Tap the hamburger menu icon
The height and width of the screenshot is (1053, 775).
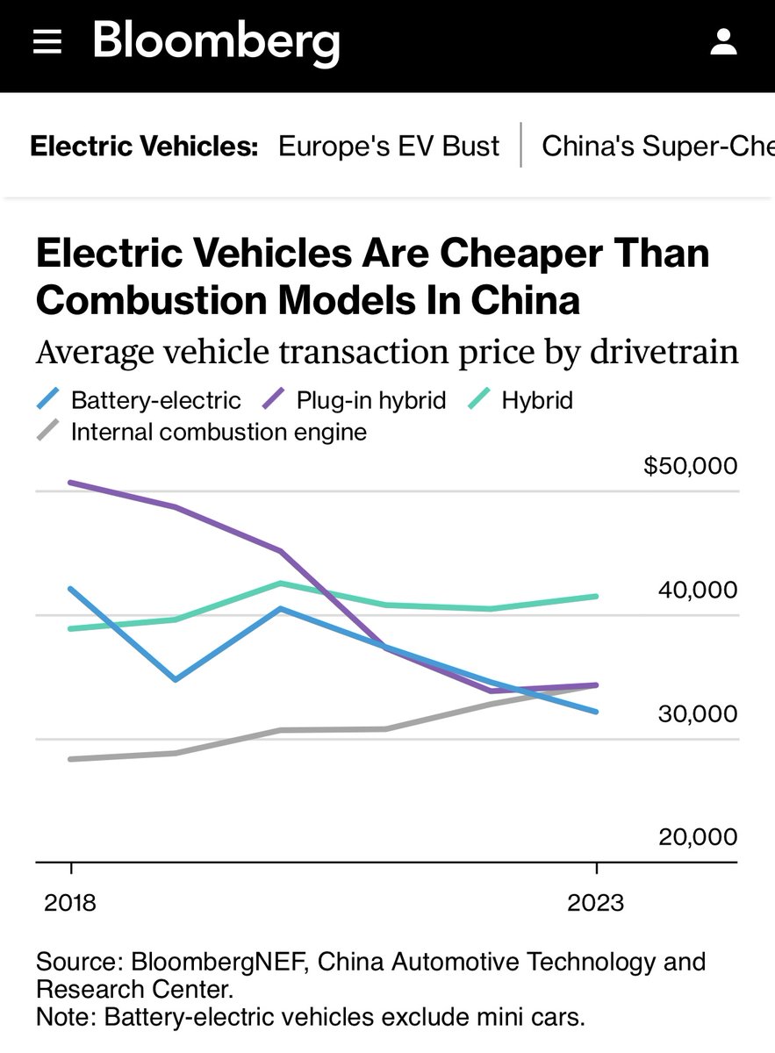point(47,42)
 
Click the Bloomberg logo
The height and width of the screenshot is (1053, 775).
point(216,41)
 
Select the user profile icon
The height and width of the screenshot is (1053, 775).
point(723,41)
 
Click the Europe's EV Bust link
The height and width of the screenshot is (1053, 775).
point(389,146)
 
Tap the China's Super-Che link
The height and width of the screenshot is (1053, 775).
point(657,146)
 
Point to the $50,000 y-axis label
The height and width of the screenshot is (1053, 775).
point(691,466)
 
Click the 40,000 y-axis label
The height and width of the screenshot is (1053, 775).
point(698,590)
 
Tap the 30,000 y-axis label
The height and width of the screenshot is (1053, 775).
point(698,713)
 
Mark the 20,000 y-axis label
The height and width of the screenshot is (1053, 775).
point(698,837)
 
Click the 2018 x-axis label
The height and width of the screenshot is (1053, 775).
point(70,903)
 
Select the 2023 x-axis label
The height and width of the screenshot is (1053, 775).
point(597,903)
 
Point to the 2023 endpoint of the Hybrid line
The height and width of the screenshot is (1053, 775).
point(597,597)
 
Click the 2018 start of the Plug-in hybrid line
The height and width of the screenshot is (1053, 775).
point(71,483)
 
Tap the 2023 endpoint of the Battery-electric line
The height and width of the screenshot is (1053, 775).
point(597,712)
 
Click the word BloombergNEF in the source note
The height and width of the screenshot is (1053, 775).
point(217,962)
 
